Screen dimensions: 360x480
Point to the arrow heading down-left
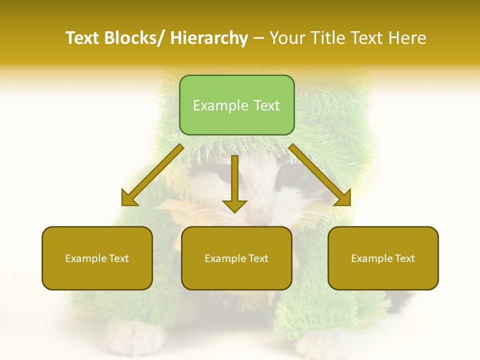coord(152,175)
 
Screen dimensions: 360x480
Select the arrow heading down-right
coord(320,175)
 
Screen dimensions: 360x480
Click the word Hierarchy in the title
coord(209,38)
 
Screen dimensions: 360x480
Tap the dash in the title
coord(258,38)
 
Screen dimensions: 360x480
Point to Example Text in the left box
coord(97,258)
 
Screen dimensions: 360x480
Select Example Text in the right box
coord(383,258)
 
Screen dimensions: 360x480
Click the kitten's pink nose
coord(258,205)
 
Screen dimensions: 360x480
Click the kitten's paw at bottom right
coord(325,342)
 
